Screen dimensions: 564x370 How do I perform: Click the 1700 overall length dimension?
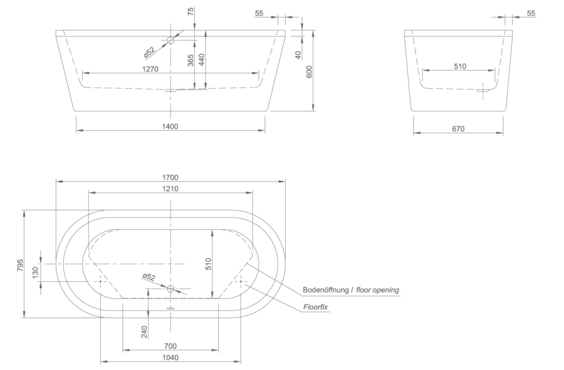170,177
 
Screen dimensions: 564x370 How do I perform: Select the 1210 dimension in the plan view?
170,188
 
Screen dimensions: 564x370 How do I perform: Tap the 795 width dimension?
20,265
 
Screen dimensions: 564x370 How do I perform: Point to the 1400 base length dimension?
170,126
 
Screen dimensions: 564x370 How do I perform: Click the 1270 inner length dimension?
150,69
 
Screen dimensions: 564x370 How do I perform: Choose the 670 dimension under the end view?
458,128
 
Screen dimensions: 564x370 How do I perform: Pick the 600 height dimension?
309,71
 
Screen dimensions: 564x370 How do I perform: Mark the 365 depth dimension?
191,60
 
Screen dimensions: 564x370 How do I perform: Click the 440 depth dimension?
201,60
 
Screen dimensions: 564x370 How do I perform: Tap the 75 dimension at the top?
191,11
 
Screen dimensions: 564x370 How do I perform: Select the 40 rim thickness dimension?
298,55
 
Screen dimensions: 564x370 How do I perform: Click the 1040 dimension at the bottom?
170,357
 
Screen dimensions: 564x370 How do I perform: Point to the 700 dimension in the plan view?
170,346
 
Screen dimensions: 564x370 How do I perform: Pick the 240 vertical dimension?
144,332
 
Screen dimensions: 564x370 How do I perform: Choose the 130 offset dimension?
35,273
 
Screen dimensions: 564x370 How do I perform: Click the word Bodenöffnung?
326,289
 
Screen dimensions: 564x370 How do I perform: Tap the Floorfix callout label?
315,307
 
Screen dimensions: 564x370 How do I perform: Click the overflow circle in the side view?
170,40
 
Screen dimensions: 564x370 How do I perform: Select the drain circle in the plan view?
170,289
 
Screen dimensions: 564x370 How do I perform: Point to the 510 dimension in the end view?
460,66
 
